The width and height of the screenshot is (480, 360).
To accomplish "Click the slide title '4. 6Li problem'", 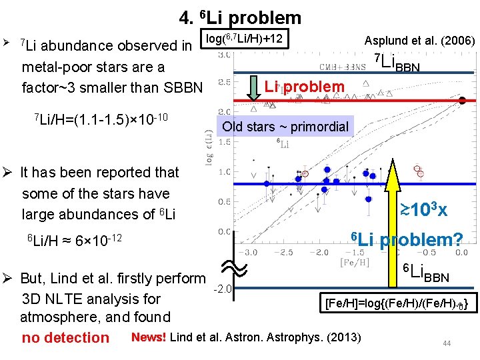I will point(240,17).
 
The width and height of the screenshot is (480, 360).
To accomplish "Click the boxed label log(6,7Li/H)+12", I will point(245,39).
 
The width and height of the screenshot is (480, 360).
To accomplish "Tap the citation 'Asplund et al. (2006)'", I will point(419,41).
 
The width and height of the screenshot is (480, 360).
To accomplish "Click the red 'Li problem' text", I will point(304,87).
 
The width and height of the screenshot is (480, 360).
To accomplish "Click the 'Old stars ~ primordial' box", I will point(285,127).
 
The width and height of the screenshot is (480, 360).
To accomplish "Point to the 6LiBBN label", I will point(427,273).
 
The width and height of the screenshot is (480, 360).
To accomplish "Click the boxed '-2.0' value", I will point(223,289).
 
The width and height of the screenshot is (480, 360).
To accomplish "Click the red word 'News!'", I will point(149,336).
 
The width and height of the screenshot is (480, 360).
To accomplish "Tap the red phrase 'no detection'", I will point(65,337).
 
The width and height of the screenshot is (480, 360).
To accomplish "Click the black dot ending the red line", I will point(462,101).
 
